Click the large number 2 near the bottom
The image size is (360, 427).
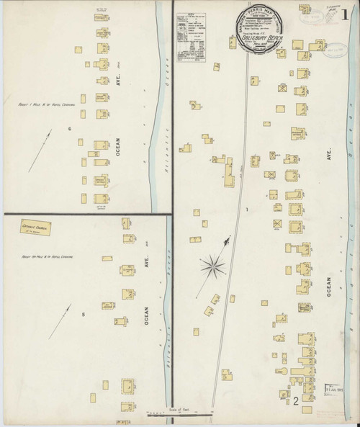coord(296,400)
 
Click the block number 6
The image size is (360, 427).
coord(69,129)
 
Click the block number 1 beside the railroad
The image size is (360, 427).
coord(246,210)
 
